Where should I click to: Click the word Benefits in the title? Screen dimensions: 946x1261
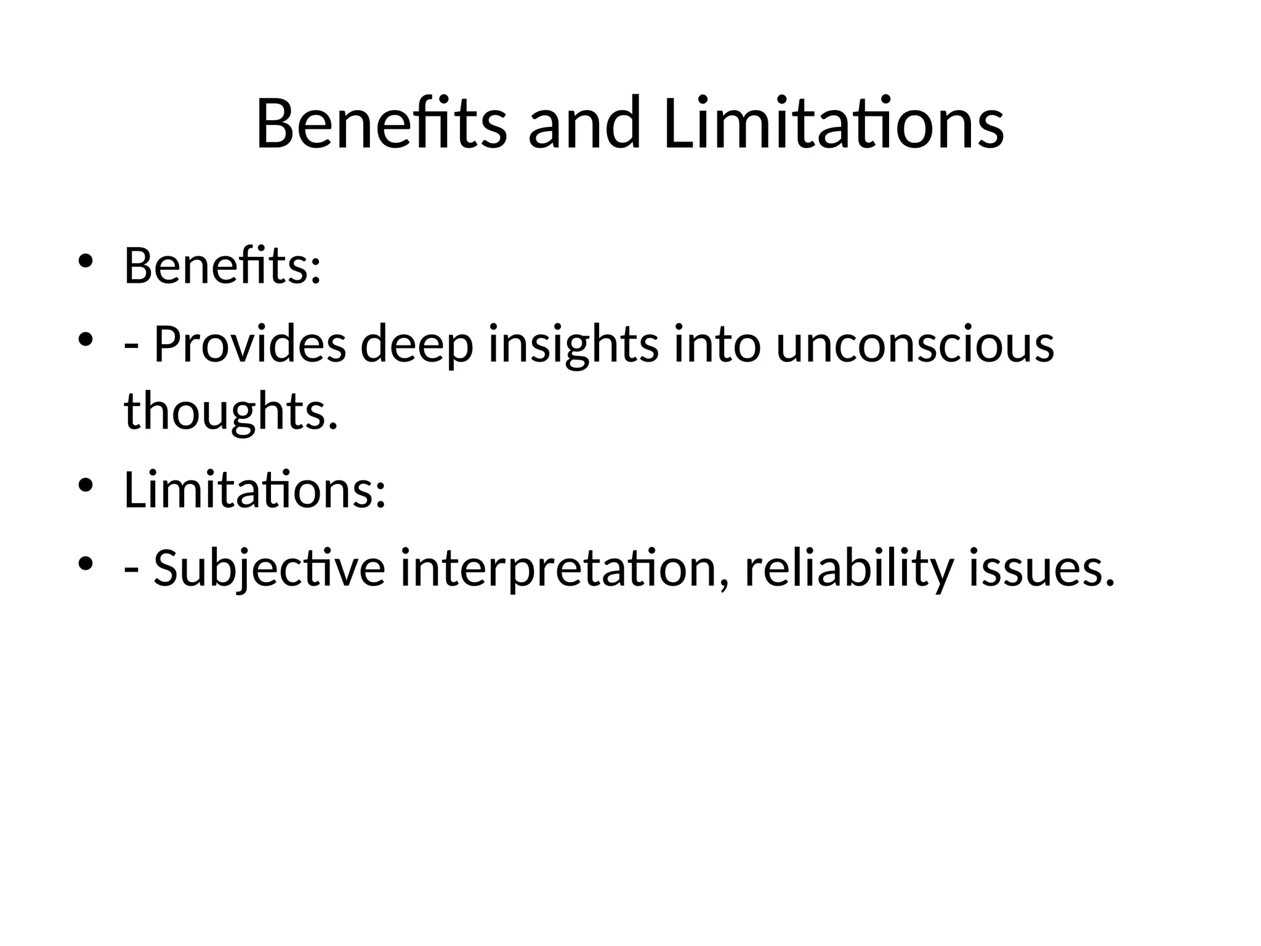381,123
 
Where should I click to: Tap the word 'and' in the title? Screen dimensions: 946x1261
584,123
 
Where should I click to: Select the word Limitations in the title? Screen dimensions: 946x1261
834,123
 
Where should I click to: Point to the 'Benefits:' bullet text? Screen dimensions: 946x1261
222,266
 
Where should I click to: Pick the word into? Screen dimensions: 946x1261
718,344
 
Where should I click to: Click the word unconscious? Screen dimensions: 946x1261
915,344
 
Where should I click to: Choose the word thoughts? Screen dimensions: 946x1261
231,411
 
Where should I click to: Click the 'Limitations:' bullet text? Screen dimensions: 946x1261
255,490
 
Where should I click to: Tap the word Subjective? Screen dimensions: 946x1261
269,568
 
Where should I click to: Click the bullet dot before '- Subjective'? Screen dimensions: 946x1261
85,562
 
